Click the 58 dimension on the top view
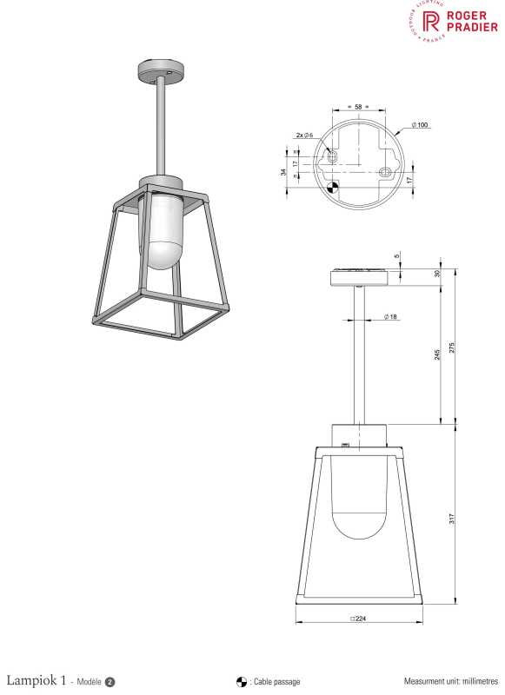[x=358, y=106]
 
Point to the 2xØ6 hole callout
[x=303, y=136]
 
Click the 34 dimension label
[x=283, y=171]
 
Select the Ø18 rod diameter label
[x=389, y=317]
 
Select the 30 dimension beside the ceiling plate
[x=436, y=275]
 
